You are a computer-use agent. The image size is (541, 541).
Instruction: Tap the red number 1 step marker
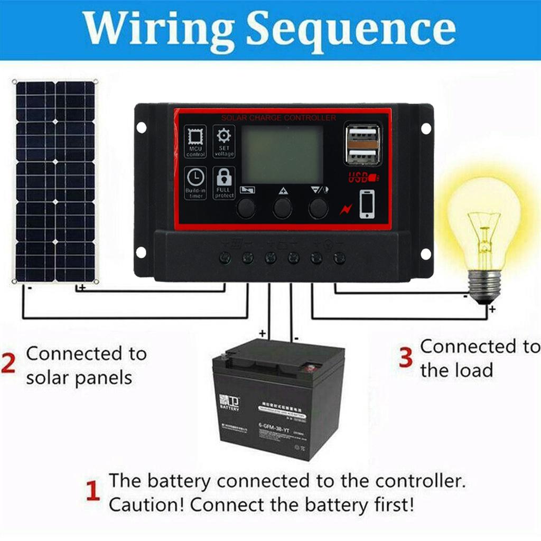click(x=93, y=491)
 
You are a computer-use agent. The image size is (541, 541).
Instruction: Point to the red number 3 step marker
click(x=405, y=358)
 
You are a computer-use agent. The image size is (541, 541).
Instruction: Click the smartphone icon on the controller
click(x=367, y=204)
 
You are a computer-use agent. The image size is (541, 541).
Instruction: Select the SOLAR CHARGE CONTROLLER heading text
click(x=278, y=117)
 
